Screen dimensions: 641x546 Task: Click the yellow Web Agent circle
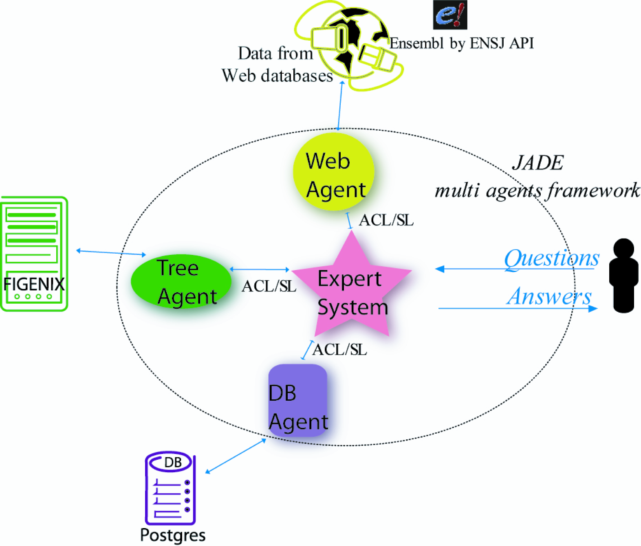[x=334, y=172]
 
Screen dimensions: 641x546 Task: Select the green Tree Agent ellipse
[x=181, y=281]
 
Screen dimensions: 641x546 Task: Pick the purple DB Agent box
[x=298, y=400]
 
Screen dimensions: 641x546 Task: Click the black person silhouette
[x=623, y=276]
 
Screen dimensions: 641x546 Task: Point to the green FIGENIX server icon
[x=34, y=254]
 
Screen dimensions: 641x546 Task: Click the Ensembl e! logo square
[x=450, y=15]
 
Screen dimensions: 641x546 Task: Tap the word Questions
[x=552, y=259]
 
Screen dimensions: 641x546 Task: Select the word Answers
[x=549, y=296]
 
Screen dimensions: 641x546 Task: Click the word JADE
[x=538, y=163]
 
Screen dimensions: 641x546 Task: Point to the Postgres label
[x=173, y=535]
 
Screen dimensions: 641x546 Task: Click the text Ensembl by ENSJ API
[x=461, y=43]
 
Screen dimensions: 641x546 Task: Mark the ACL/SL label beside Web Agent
[x=386, y=220]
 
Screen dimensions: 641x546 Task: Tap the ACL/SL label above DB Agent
[x=339, y=349]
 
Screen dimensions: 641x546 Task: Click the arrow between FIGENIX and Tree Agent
[x=111, y=252]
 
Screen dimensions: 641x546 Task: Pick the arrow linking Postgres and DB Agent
[x=236, y=456]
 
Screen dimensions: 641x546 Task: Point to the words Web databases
[x=277, y=76]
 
